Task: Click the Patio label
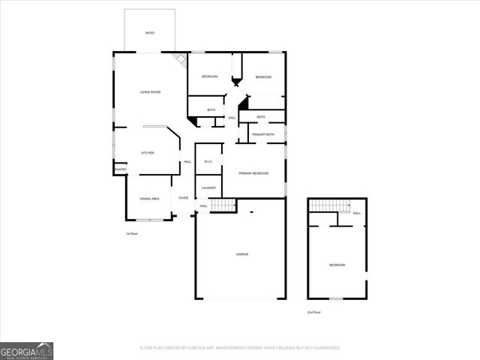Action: coord(149,33)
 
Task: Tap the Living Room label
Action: coord(150,92)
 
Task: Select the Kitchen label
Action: coord(148,153)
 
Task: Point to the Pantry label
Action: coord(120,169)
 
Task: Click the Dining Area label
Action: coord(149,199)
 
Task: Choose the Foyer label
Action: coord(183,198)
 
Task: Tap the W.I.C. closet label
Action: coord(209,162)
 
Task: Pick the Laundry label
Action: coord(208,187)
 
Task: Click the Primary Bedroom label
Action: coord(253,173)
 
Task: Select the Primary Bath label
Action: coord(263,134)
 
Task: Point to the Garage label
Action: coord(242,254)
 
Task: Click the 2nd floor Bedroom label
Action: coord(337,265)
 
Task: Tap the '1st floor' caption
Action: coord(132,234)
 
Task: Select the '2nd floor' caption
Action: coord(313,311)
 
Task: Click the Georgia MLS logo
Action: coord(27,350)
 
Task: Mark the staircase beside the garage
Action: coord(223,205)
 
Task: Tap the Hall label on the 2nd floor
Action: coord(357,213)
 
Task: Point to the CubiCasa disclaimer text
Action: coord(240,348)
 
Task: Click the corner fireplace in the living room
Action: coord(180,59)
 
